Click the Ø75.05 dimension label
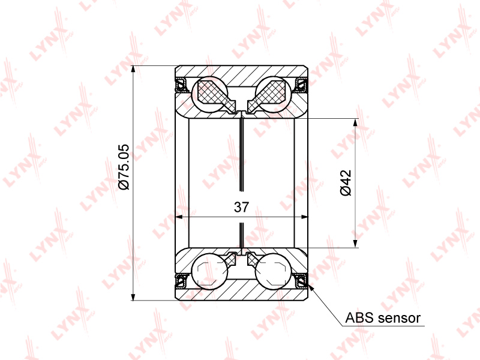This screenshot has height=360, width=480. [124, 167]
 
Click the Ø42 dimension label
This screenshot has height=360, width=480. [346, 183]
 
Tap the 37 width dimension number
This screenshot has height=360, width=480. [242, 207]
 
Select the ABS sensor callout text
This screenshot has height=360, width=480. [383, 318]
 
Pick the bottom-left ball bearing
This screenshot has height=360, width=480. [209, 271]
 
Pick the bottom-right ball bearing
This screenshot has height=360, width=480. [274, 271]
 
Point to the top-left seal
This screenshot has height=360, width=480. [182, 85]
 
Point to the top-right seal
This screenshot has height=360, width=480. [301, 85]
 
